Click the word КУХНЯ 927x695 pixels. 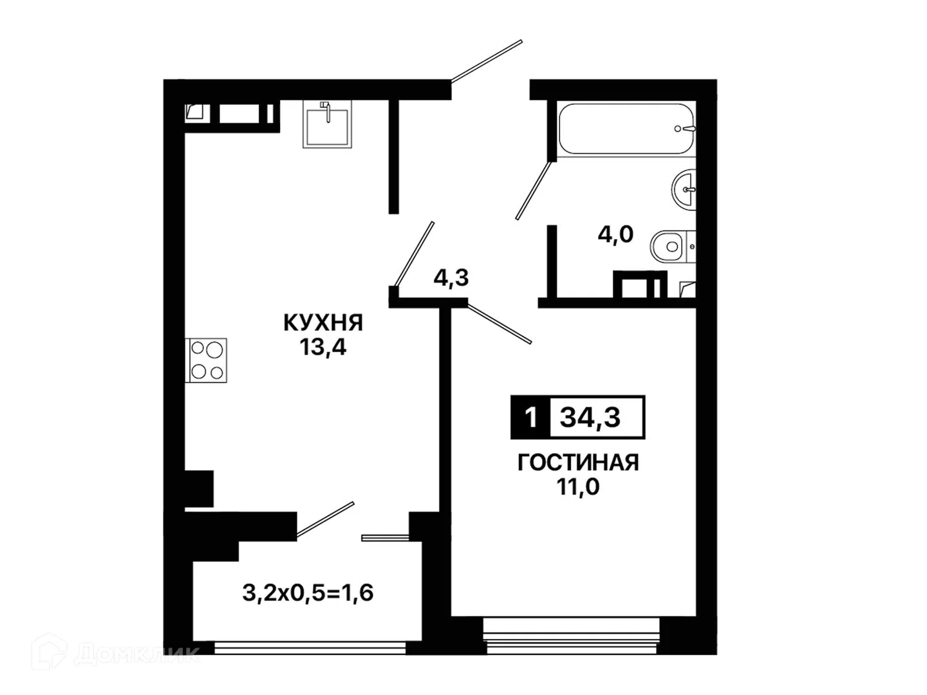[323, 323]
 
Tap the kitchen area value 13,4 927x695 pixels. [323, 347]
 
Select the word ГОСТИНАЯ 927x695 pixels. [577, 463]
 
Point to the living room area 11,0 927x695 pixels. [577, 487]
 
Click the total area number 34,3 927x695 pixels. [590, 418]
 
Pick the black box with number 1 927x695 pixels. [530, 418]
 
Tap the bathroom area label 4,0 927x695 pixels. [615, 234]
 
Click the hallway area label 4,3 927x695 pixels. [451, 277]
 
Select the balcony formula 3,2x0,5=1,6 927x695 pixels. [308, 593]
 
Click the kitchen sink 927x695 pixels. [327, 124]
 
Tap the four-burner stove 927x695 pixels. [205, 360]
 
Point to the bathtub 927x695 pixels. [626, 129]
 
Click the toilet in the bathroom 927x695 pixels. [672, 246]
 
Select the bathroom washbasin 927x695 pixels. [684, 189]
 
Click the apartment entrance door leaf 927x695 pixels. [487, 61]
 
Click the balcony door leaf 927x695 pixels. [325, 519]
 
